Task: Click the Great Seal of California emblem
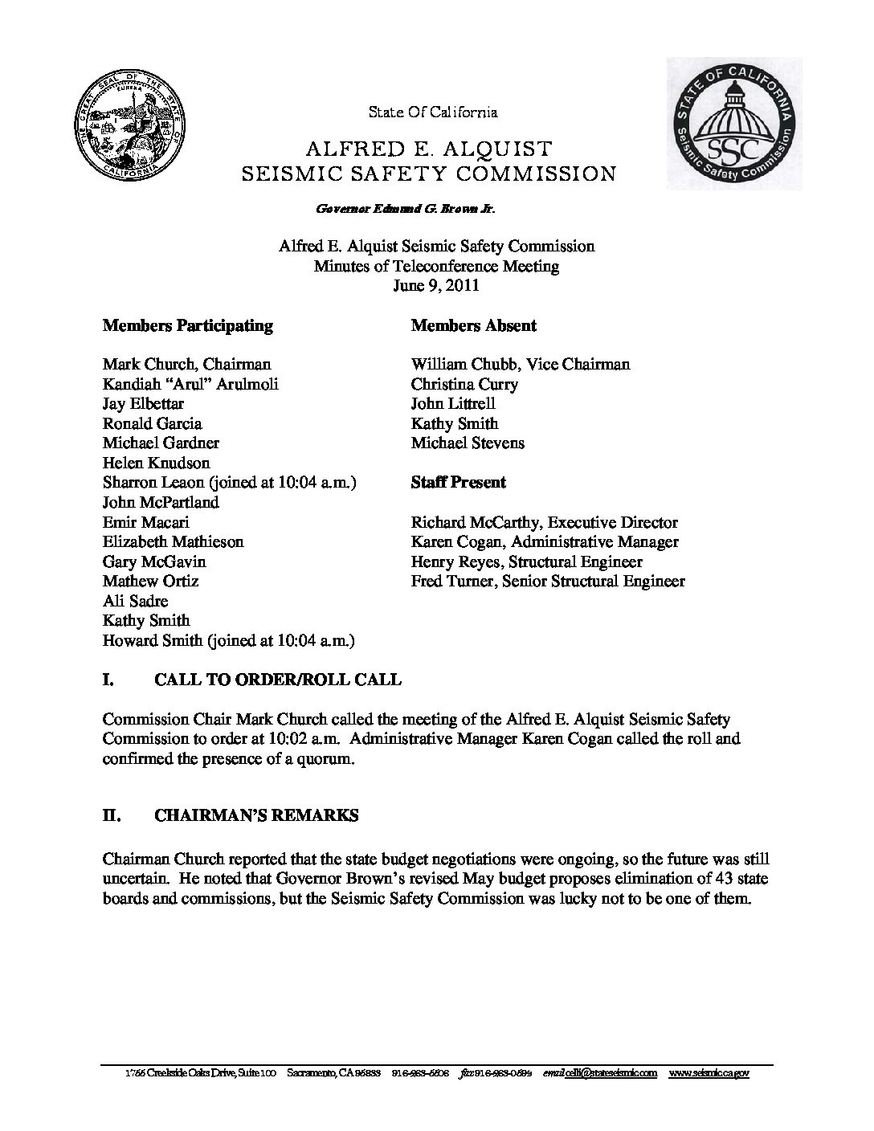[x=128, y=132]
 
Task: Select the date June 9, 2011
[x=436, y=285]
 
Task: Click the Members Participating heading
[x=188, y=325]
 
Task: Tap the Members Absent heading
[x=474, y=325]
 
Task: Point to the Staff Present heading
[x=459, y=482]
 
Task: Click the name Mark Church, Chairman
[x=187, y=364]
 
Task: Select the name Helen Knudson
[x=157, y=463]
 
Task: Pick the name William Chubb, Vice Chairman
[x=521, y=364]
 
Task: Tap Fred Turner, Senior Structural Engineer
[x=548, y=581]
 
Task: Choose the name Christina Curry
[x=464, y=384]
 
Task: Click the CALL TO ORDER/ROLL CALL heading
[x=277, y=680]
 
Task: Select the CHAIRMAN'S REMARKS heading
[x=256, y=815]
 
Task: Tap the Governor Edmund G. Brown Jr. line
[x=406, y=209]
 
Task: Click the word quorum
[x=325, y=758]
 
